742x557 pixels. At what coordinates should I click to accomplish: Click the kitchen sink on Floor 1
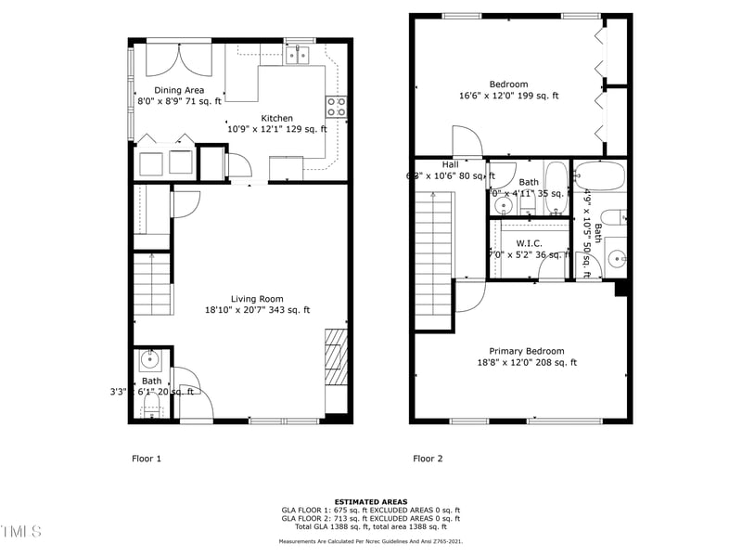click(298, 56)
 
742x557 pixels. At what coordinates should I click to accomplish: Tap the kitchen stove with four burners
click(335, 107)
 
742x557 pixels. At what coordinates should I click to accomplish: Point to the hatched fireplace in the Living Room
click(335, 357)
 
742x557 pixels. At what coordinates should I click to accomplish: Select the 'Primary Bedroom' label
click(527, 351)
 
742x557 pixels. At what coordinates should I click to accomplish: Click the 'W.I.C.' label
click(529, 243)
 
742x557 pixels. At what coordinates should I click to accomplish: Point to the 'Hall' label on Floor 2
click(450, 164)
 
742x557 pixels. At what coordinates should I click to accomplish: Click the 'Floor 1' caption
click(146, 459)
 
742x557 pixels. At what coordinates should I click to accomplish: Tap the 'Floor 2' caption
click(428, 459)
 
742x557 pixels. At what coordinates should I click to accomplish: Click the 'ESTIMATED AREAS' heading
click(370, 502)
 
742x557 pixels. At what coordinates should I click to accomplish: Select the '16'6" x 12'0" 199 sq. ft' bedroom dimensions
click(507, 96)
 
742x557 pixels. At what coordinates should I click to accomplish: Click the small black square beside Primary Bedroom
click(621, 289)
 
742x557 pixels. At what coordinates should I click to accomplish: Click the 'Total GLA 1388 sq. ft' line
click(370, 526)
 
